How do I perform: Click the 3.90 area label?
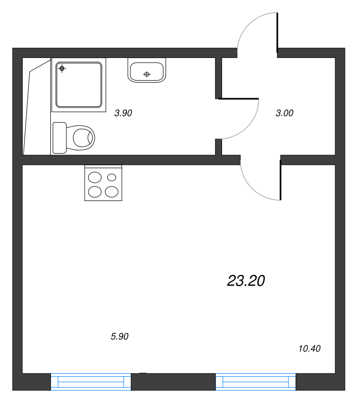click(123, 113)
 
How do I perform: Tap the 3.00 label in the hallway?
click(284, 113)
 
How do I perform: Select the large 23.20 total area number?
click(246, 281)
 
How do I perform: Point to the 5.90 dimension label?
click(119, 337)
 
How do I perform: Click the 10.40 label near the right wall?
click(309, 349)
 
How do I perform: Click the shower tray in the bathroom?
click(79, 85)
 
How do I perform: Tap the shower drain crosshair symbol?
click(62, 69)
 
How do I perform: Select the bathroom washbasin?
click(147, 70)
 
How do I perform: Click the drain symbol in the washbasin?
click(147, 74)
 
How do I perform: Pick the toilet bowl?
click(81, 138)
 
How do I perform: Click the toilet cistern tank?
click(59, 138)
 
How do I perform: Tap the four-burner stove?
click(103, 183)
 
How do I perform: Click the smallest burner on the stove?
click(111, 177)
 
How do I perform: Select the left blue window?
click(91, 382)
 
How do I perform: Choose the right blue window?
click(256, 382)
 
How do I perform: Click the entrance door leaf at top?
click(277, 33)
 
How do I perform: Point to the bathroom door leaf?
click(239, 99)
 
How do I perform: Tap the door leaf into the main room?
click(280, 180)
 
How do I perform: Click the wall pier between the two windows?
click(173, 382)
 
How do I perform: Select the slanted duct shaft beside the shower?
click(37, 107)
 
